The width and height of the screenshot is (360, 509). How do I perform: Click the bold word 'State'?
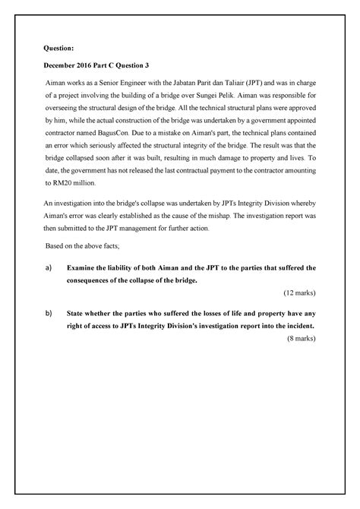pos(78,313)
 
